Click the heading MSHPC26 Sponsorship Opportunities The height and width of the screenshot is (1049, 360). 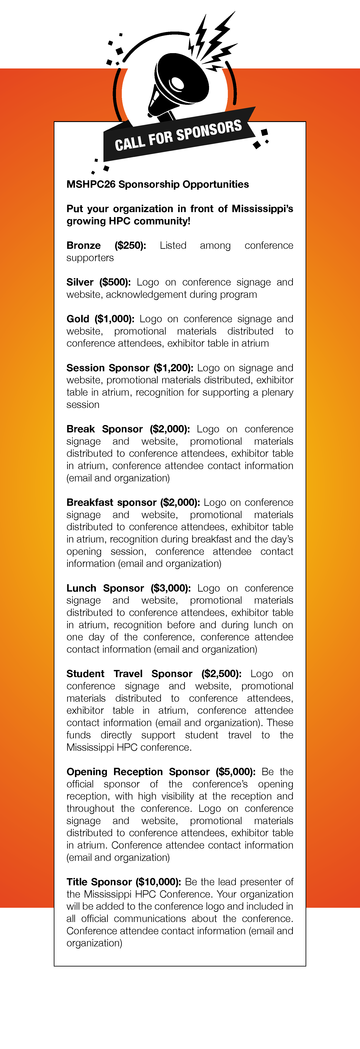click(158, 184)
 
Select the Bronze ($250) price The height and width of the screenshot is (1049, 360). click(130, 246)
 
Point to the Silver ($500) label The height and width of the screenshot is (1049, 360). click(98, 282)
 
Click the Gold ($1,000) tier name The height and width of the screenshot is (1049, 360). click(100, 319)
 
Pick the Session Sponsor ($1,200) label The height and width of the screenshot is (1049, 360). click(130, 368)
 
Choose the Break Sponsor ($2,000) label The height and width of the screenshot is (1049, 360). click(128, 429)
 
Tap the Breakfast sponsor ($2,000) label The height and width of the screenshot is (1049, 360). click(133, 502)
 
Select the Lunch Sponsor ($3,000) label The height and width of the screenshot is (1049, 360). click(128, 588)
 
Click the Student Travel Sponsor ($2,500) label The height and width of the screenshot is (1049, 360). click(154, 674)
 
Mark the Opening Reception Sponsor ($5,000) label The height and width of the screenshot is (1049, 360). click(161, 772)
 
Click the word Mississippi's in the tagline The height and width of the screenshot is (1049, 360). click(262, 209)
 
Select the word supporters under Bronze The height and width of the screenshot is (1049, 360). click(90, 258)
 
